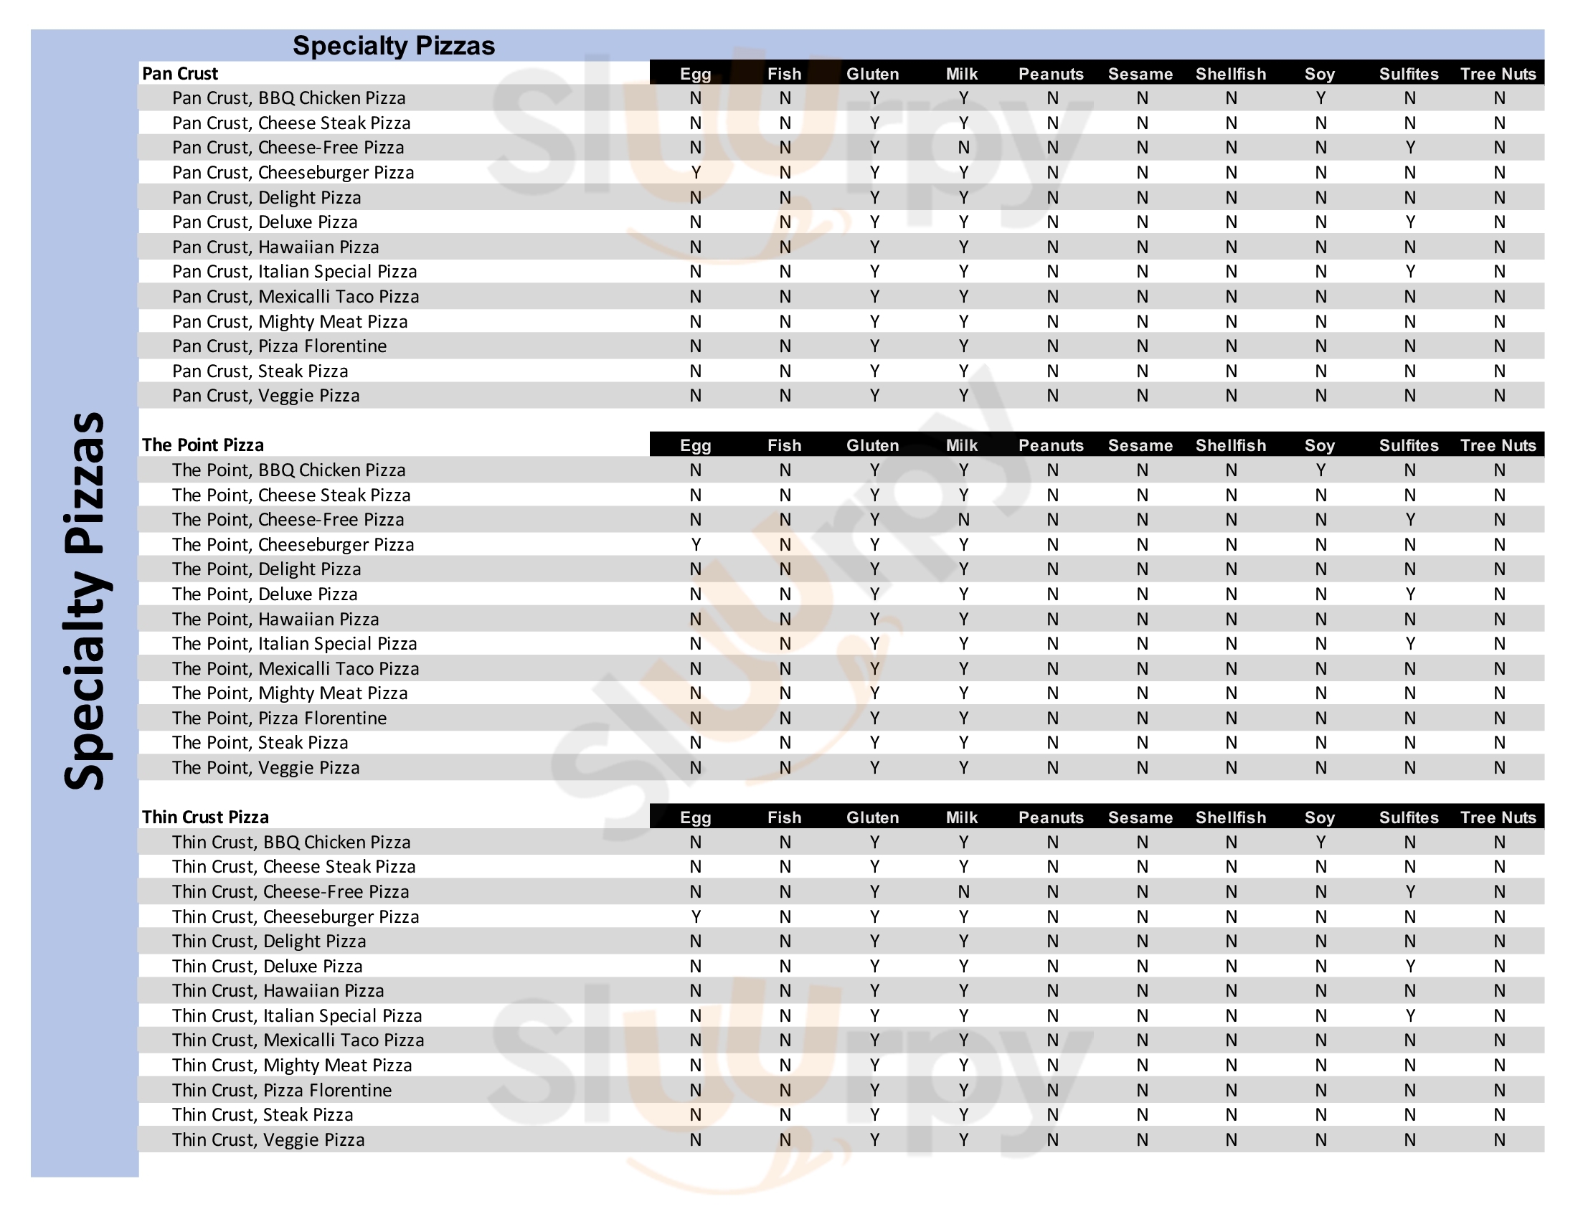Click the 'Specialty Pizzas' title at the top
(x=394, y=45)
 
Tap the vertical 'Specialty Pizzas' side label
(x=85, y=601)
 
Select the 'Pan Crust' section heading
(x=180, y=74)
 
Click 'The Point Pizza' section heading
(x=202, y=445)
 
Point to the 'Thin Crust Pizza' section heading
(x=205, y=817)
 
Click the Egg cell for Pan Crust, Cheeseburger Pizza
(x=696, y=173)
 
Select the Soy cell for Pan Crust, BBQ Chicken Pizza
(x=1320, y=98)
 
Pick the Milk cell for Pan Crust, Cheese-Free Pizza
(x=963, y=148)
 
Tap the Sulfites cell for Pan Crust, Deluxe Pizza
(x=1409, y=222)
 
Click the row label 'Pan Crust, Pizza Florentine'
(x=279, y=346)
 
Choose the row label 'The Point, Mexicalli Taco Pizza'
(x=295, y=669)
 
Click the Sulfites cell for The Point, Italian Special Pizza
(x=1409, y=643)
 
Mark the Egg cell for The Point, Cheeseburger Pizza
(x=696, y=544)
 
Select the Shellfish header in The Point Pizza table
(x=1230, y=445)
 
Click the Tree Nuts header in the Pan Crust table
(x=1498, y=74)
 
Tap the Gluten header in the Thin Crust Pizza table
(x=873, y=817)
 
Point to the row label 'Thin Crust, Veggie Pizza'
(x=268, y=1139)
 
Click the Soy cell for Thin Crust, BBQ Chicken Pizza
(x=1320, y=842)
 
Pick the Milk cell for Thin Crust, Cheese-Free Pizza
(x=963, y=892)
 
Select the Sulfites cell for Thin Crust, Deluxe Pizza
(x=1409, y=967)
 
